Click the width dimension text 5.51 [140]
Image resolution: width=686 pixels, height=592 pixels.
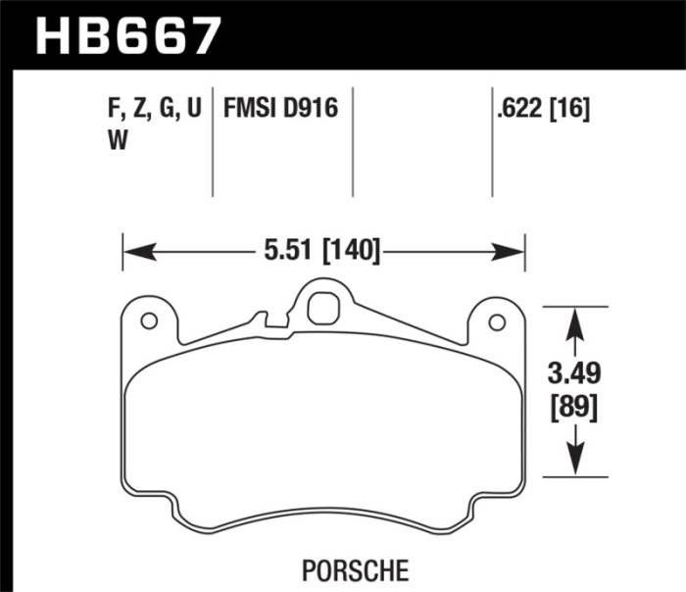[322, 252]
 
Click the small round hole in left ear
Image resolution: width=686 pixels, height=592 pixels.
[149, 321]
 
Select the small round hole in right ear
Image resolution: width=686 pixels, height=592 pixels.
[496, 321]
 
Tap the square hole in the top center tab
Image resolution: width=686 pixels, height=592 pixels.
[321, 309]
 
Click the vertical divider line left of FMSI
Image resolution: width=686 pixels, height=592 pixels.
[213, 142]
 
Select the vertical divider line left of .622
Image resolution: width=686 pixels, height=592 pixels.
[492, 142]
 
